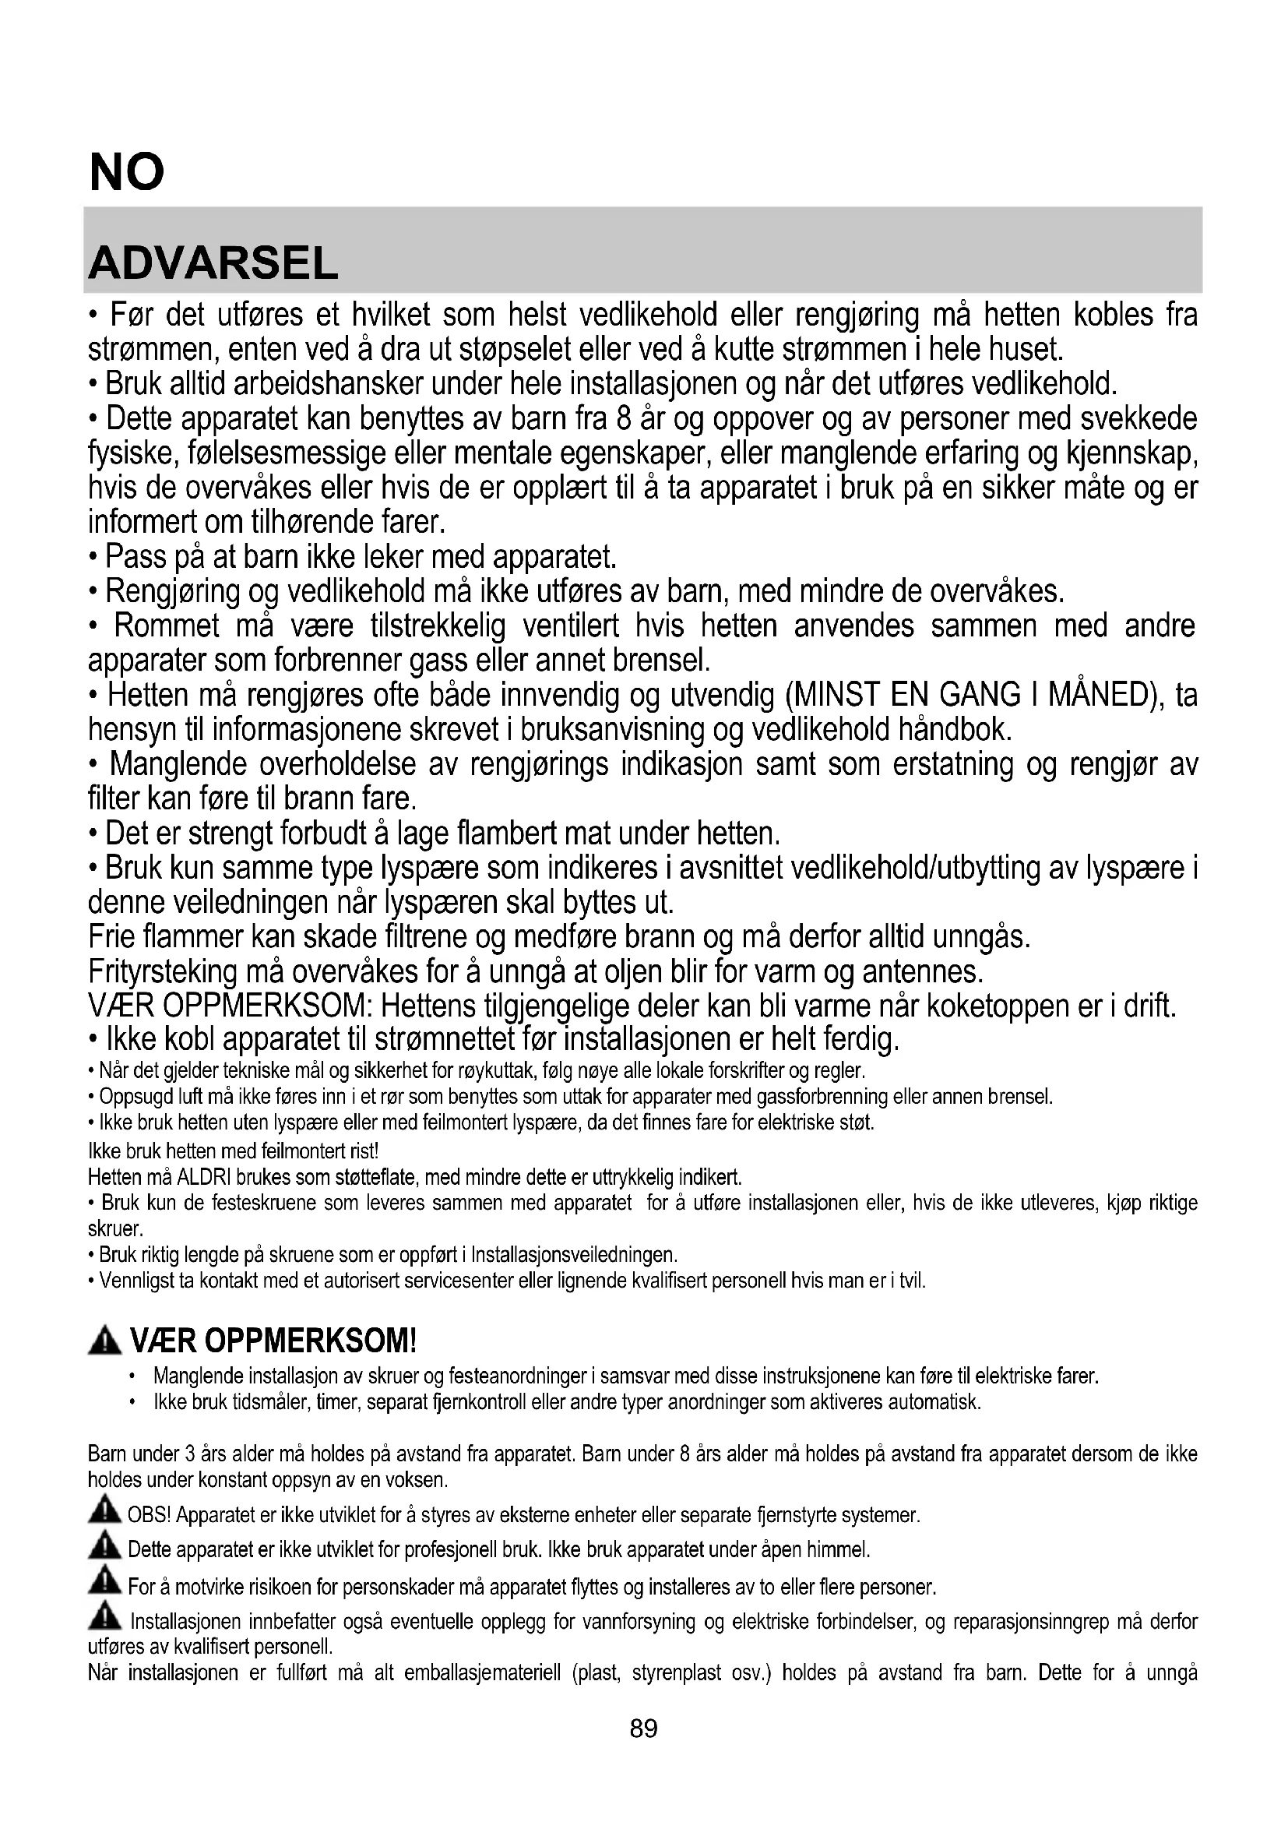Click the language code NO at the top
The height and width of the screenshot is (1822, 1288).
pos(127,172)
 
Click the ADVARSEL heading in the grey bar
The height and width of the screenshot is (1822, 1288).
pos(213,263)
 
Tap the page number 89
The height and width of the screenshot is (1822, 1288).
pos(643,1729)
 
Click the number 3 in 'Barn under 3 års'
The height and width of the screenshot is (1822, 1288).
pos(189,1454)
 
